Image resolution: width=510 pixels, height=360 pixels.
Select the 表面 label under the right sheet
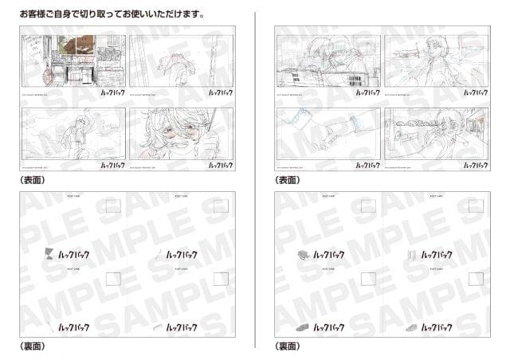287,181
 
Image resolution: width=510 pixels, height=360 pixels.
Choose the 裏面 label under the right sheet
287,346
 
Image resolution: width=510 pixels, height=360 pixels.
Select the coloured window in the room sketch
76,45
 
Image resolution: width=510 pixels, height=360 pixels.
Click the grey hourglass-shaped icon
50,255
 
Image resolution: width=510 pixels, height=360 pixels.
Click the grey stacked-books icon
304,255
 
